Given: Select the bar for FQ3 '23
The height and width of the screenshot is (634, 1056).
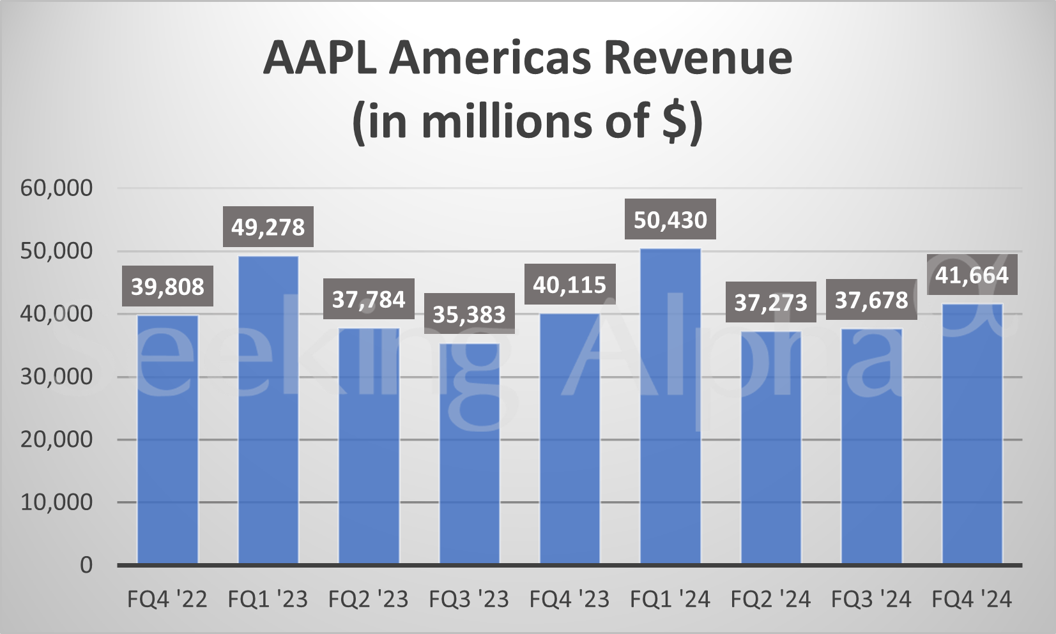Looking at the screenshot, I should [x=470, y=453].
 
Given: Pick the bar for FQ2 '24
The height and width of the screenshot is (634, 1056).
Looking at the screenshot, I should [x=771, y=447].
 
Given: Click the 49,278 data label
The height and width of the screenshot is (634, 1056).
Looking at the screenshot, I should [x=268, y=227].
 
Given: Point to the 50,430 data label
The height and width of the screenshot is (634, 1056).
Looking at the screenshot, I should [x=670, y=220].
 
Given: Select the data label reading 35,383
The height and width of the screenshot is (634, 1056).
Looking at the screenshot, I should [x=470, y=314].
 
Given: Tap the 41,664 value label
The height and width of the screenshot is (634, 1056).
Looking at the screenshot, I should [x=972, y=275].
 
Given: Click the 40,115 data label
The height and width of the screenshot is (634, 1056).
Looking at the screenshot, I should [x=570, y=285].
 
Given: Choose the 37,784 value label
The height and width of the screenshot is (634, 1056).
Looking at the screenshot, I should [x=369, y=299].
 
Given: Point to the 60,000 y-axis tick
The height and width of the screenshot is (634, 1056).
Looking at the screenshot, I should [x=57, y=188].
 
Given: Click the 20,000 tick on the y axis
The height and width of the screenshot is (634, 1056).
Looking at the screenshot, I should [x=57, y=439].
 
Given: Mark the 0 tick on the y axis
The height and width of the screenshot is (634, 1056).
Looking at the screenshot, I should [x=86, y=565].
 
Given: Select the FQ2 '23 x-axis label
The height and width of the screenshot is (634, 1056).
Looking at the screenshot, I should [x=369, y=600].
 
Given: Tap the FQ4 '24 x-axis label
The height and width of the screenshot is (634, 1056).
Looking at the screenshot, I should [x=972, y=600].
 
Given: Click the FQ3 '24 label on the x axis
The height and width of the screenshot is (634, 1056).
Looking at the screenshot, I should [x=871, y=600].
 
